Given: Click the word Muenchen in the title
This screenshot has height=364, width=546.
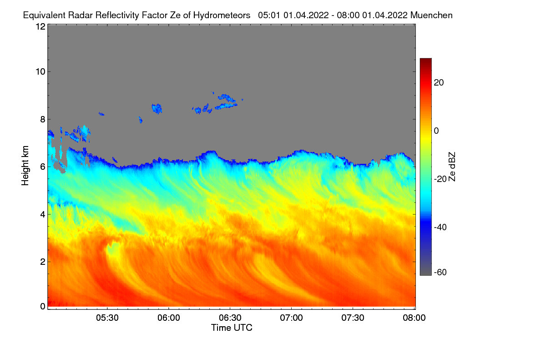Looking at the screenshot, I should point(431,15).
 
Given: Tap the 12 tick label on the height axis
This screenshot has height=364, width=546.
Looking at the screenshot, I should point(40,27).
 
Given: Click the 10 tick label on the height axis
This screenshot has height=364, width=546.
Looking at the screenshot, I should point(40,71).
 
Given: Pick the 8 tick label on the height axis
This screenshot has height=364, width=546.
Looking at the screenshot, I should point(42,120).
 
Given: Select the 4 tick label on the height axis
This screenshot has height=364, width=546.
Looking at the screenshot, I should point(42,214).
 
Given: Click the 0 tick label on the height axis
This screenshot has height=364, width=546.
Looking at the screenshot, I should point(42,306).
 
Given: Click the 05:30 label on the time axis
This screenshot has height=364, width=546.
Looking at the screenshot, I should point(107,318).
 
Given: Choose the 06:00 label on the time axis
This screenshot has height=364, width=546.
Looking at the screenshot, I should point(169,318).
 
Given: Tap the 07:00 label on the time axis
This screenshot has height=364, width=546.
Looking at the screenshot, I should point(292,318).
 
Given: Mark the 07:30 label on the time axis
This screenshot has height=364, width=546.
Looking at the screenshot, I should point(353,318).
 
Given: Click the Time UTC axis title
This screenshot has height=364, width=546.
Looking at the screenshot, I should point(232,328).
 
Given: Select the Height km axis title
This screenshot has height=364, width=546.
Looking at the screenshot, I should point(25,166).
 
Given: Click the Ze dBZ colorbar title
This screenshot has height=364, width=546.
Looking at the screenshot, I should point(452,166).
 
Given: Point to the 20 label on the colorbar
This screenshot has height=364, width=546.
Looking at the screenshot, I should point(439,82).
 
